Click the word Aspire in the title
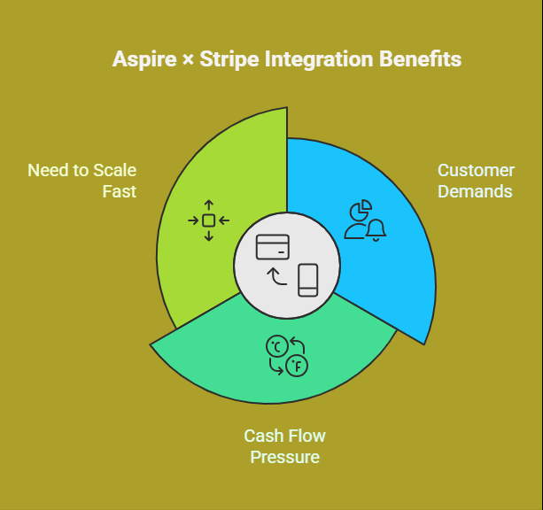(x=144, y=59)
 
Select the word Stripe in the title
(x=229, y=59)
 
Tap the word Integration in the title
(x=319, y=59)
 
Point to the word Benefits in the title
(x=421, y=58)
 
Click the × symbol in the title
(x=188, y=60)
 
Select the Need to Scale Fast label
(x=82, y=181)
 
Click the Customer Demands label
(x=477, y=181)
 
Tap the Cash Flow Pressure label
(x=284, y=446)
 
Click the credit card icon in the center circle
(x=273, y=247)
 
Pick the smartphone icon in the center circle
(x=308, y=280)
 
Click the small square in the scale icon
(x=208, y=220)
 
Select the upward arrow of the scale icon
(x=208, y=205)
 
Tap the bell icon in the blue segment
(x=376, y=230)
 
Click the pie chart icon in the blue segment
(x=361, y=210)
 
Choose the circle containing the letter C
(x=277, y=346)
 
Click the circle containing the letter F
(x=297, y=366)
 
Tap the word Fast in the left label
(x=119, y=191)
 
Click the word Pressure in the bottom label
(x=284, y=457)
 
